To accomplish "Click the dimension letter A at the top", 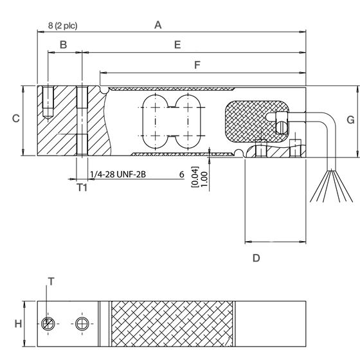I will [x=157, y=25].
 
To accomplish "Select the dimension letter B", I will [x=63, y=44].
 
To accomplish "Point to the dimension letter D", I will [x=256, y=258].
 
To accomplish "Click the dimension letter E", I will [x=177, y=44].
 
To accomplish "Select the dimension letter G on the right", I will [x=350, y=120].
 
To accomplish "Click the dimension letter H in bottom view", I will [x=18, y=323].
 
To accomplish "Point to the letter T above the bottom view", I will [x=51, y=280].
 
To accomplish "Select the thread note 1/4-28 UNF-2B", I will [x=119, y=174].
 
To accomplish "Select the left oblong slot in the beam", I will [x=154, y=122].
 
